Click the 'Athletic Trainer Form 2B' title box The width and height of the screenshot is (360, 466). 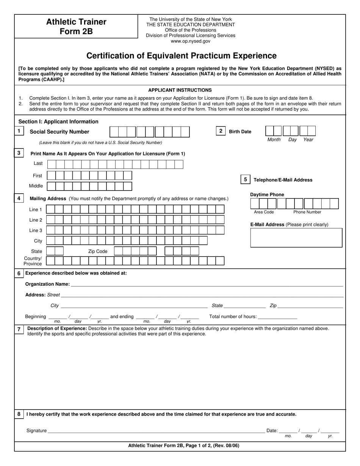click(x=76, y=27)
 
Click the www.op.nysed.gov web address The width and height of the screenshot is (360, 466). click(x=190, y=41)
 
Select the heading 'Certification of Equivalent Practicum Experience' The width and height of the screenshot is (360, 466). click(x=181, y=56)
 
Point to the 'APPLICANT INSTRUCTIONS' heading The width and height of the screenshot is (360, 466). click(x=180, y=90)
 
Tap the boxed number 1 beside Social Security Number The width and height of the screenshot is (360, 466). click(x=19, y=131)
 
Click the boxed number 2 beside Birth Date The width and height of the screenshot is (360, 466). click(x=221, y=131)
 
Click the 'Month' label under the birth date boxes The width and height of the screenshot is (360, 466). click(x=274, y=140)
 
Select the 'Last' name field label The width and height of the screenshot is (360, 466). click(x=38, y=163)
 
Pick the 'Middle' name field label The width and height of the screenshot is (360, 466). click(x=36, y=186)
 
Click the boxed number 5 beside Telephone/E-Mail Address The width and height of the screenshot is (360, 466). click(x=245, y=180)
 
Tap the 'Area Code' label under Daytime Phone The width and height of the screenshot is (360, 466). click(x=264, y=212)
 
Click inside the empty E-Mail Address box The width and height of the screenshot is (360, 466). click(x=296, y=238)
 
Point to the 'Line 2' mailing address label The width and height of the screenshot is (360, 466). click(x=36, y=220)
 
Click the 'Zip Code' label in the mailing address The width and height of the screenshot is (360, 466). click(x=98, y=251)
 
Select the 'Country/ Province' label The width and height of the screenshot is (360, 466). click(x=33, y=261)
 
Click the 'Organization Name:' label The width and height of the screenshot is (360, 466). click(x=47, y=284)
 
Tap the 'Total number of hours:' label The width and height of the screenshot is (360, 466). click(x=233, y=317)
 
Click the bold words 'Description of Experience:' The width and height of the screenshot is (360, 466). click(x=57, y=328)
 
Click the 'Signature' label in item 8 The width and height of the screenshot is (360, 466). click(x=36, y=431)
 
